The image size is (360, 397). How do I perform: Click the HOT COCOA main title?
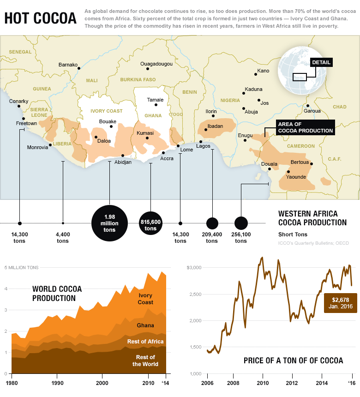41,18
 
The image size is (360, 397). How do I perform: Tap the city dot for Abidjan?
123,156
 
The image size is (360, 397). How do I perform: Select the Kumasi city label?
145,133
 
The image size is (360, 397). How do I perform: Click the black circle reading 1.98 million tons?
109,223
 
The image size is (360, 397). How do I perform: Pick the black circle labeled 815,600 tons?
150,224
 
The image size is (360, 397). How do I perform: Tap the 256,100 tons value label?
241,238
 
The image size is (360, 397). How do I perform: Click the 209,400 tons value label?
212,238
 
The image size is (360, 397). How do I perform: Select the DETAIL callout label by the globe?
321,63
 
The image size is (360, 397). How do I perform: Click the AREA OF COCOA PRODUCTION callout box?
305,127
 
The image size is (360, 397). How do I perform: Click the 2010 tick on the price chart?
263,383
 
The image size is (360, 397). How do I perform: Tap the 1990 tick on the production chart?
57,383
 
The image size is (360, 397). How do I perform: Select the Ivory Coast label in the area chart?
145,299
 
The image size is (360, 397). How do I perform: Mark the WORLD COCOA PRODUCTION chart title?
57,294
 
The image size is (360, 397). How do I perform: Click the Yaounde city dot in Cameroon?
288,172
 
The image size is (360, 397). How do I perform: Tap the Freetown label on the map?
26,124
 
